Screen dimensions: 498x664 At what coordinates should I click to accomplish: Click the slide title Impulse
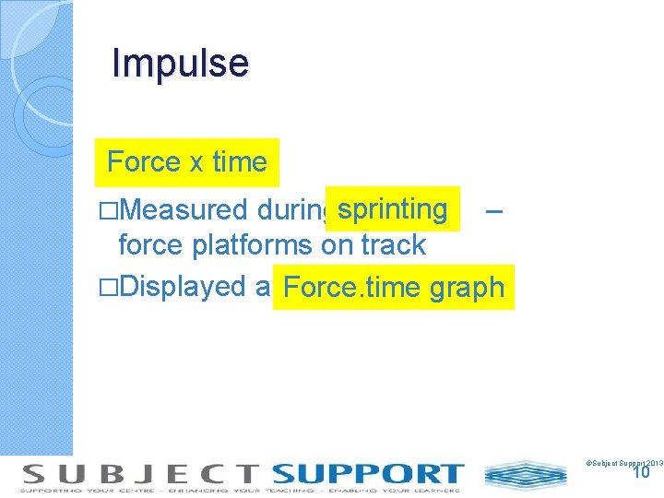(180, 64)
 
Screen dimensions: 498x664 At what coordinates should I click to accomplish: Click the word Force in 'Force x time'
(144, 162)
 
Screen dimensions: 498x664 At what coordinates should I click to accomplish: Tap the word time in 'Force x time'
(239, 162)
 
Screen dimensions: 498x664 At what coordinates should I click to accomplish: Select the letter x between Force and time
(196, 163)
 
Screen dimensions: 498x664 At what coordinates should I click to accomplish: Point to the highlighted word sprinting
(392, 208)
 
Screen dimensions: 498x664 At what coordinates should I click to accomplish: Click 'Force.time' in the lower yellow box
(352, 288)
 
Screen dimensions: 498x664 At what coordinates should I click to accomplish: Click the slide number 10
(641, 472)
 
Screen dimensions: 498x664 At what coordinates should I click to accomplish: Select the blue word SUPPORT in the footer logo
(366, 475)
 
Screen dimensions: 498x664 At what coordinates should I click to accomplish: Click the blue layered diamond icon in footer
(527, 475)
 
